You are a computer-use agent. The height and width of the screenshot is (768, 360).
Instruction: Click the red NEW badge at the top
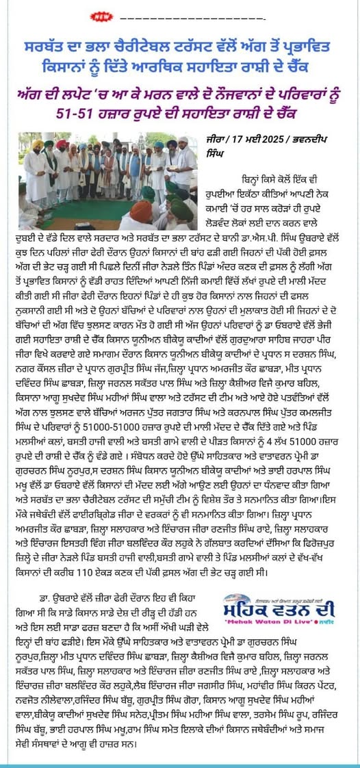click(x=83, y=14)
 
